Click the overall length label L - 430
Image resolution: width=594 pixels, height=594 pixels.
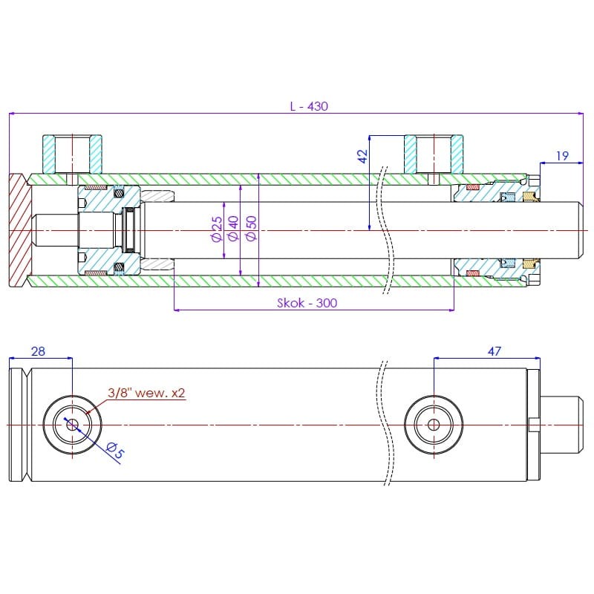[309, 106]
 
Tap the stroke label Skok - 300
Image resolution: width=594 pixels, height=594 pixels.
[307, 303]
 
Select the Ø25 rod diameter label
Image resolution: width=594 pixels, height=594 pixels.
[217, 229]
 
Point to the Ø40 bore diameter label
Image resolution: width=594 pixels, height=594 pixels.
[233, 229]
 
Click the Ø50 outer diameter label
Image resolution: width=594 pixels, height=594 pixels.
[251, 229]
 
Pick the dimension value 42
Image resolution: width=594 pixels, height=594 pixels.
[362, 156]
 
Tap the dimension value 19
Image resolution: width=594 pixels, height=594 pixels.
[562, 156]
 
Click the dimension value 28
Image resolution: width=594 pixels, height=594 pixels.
[39, 351]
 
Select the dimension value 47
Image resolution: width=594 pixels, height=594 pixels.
[494, 351]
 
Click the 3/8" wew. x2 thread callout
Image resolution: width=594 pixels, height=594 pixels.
[146, 393]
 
